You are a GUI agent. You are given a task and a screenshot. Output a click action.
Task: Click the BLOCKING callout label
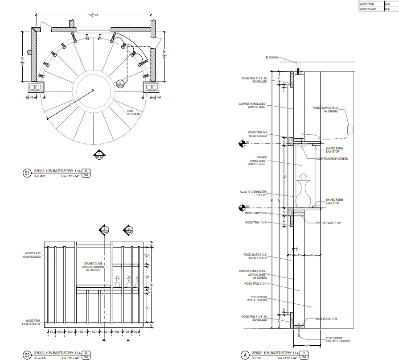[271, 58]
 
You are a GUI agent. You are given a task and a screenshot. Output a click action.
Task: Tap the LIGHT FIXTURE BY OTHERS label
[332, 159]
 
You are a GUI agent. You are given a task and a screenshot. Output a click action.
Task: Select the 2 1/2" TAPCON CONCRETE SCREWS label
[337, 339]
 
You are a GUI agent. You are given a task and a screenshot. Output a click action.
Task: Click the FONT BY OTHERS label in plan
[133, 112]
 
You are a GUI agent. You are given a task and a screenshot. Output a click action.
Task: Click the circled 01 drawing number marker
[27, 174]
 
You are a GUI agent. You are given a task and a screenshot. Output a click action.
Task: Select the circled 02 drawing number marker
[27, 355]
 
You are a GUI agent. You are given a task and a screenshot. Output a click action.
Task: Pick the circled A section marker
[244, 355]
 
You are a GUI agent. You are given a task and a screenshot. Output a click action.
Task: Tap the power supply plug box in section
[350, 130]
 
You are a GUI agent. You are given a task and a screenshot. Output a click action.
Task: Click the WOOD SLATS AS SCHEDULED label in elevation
[32, 255]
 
